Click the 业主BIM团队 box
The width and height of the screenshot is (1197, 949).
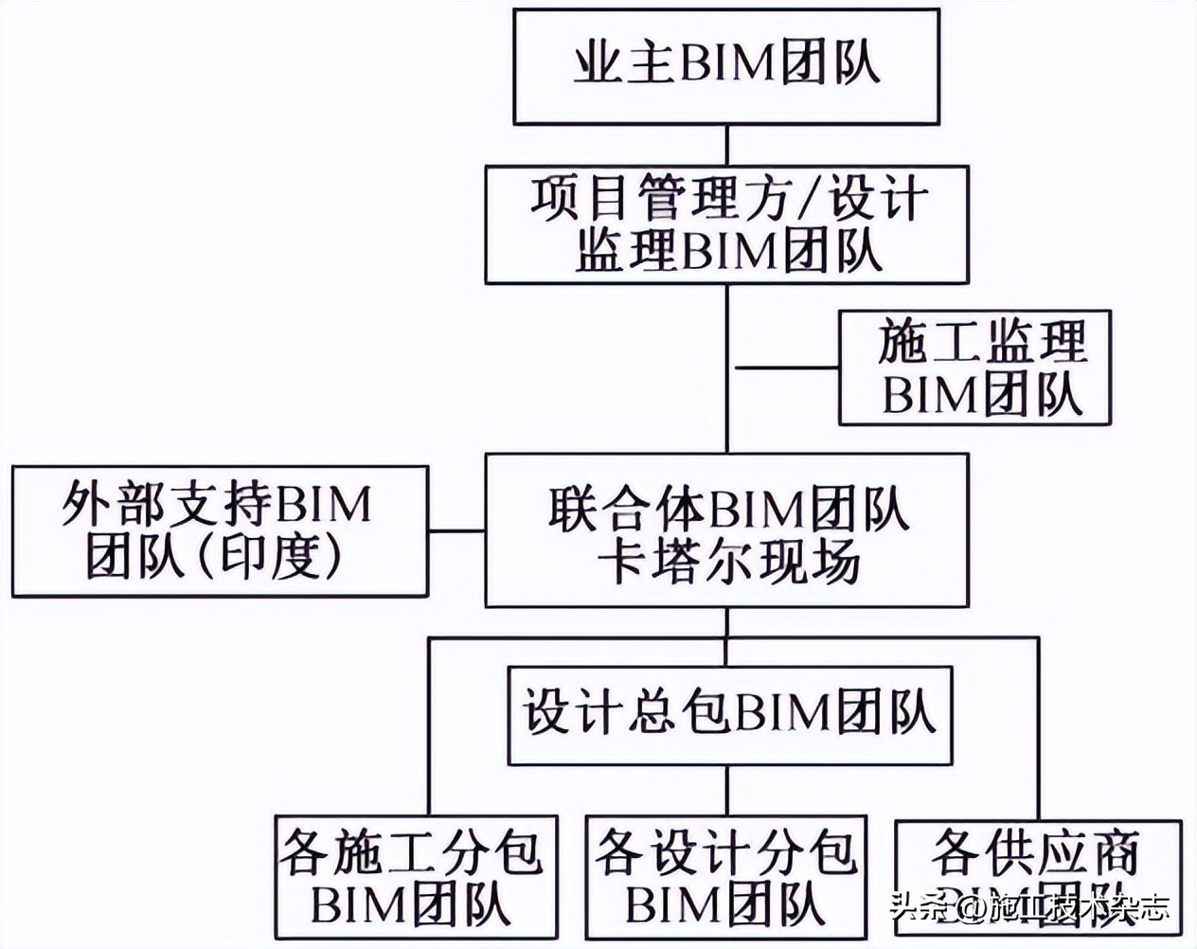point(726,66)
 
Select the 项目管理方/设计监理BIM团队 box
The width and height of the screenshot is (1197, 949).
point(726,225)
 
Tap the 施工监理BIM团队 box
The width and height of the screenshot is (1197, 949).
point(974,367)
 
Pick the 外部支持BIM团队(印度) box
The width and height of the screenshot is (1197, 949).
point(220,530)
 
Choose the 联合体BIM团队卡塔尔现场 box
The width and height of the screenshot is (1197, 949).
point(726,530)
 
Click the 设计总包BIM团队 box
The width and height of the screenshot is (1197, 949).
point(729,714)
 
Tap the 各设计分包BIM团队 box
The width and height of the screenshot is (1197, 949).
point(725,876)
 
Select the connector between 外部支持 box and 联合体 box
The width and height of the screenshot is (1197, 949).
point(456,529)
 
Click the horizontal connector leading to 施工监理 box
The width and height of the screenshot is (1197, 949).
point(784,367)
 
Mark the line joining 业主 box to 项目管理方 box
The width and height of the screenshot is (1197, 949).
point(726,145)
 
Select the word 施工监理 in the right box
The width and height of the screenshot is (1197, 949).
point(980,342)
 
